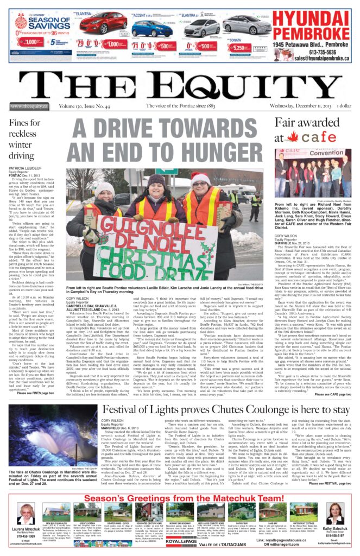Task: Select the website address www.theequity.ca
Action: click(x=29, y=106)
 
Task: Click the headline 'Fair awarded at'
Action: click(x=307, y=123)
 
